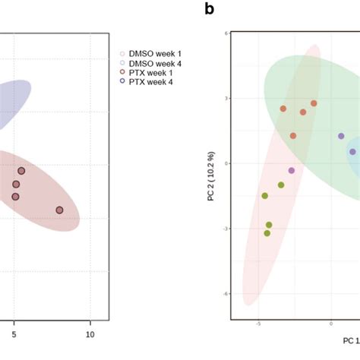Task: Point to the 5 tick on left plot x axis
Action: pyautogui.click(x=14, y=333)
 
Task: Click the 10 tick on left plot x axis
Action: pyautogui.click(x=90, y=333)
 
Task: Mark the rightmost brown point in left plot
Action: pyautogui.click(x=59, y=210)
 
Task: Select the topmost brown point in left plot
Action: pyautogui.click(x=21, y=171)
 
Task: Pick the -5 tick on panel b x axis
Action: pyautogui.click(x=259, y=323)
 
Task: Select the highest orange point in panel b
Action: pyautogui.click(x=314, y=103)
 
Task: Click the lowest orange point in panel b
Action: pyautogui.click(x=293, y=136)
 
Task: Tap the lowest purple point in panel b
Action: pyautogui.click(x=292, y=171)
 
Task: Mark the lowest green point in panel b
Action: pyautogui.click(x=267, y=233)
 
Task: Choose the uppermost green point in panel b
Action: pyautogui.click(x=281, y=185)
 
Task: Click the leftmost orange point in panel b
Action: pyautogui.click(x=283, y=109)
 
